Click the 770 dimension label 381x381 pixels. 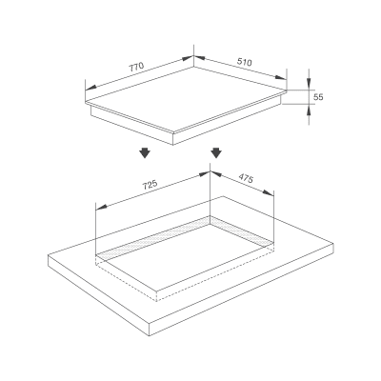pos(136,67)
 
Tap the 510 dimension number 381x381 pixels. pos(245,62)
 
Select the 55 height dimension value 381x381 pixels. pos(318,97)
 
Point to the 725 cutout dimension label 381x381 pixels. pos(150,185)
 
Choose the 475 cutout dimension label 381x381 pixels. pos(246,178)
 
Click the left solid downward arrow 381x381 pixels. pos(145,152)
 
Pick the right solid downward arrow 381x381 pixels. pos(216,152)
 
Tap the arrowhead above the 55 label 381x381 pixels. pos(309,82)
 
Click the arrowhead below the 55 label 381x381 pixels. pos(309,111)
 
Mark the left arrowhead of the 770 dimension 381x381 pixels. pos(91,88)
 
